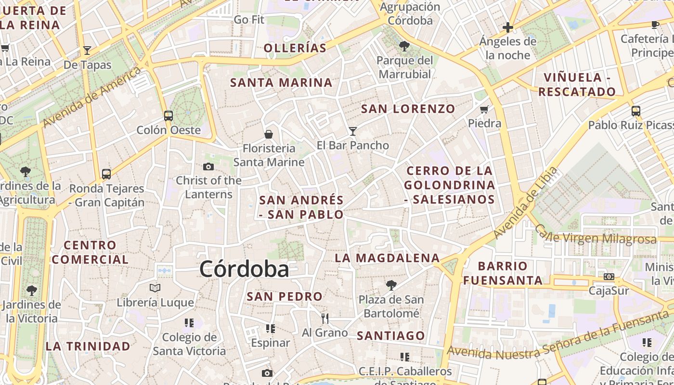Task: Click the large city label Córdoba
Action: point(244,269)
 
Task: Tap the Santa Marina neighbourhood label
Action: point(281,83)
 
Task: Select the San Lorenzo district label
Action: point(408,109)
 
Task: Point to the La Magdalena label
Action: point(387,258)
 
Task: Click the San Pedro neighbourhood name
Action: point(284,296)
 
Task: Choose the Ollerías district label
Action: point(295,48)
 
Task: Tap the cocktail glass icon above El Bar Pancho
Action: point(353,131)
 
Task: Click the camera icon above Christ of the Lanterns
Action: point(208,167)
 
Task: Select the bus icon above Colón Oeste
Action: point(168,116)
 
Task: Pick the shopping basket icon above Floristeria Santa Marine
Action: point(269,134)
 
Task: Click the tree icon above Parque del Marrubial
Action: point(404,46)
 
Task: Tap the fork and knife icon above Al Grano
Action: point(325,318)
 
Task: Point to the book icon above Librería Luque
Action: point(155,288)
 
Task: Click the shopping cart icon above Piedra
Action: point(484,109)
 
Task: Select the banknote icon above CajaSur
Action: point(609,277)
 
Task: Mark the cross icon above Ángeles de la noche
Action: point(507,27)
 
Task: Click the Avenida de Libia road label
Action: point(525,203)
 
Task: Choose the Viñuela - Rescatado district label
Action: point(577,85)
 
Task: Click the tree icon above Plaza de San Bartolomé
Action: point(391,285)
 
